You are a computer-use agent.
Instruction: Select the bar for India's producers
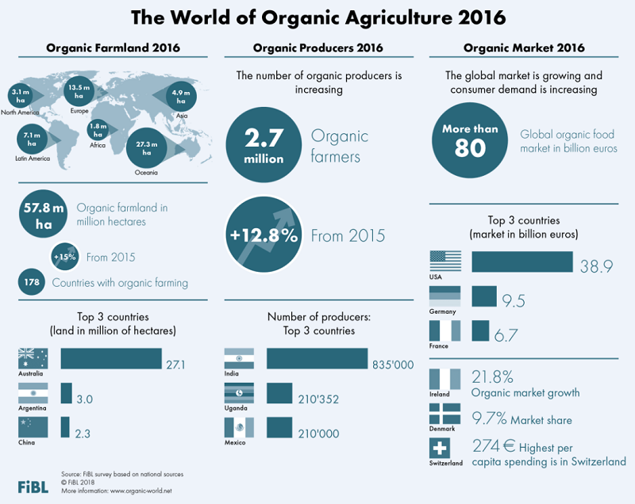(x=317, y=359)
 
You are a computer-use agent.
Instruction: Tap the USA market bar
(x=522, y=263)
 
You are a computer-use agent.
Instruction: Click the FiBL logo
(x=33, y=485)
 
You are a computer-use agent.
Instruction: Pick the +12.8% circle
(x=264, y=235)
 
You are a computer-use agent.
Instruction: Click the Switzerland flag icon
(x=444, y=448)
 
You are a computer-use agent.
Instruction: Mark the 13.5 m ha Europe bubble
(x=80, y=92)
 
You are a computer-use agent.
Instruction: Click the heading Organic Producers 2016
(x=317, y=48)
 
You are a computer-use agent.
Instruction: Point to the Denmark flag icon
(x=444, y=414)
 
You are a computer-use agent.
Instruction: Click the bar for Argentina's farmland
(x=67, y=393)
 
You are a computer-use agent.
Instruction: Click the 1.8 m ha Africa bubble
(x=98, y=130)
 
